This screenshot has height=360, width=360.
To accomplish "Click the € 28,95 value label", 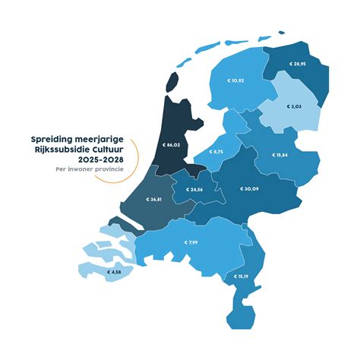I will click(298, 65).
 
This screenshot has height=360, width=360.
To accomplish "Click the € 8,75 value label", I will click(213, 152).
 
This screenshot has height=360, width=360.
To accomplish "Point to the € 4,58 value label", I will click(114, 271).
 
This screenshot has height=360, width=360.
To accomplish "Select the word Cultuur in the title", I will click(106, 150).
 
